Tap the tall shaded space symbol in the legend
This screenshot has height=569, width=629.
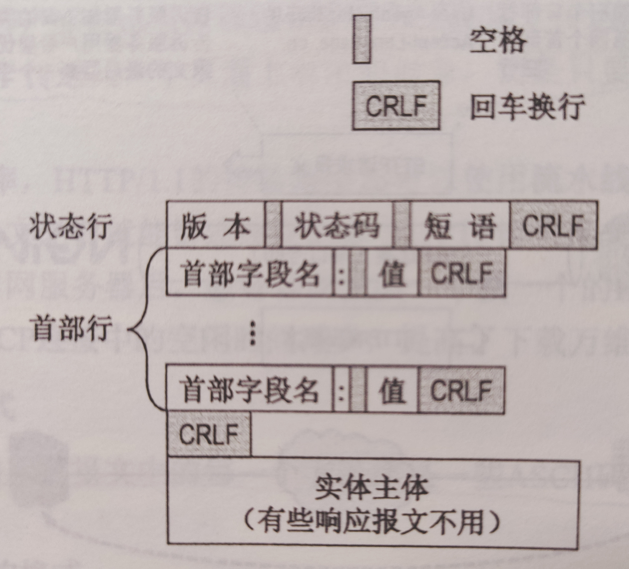tap(362, 39)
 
